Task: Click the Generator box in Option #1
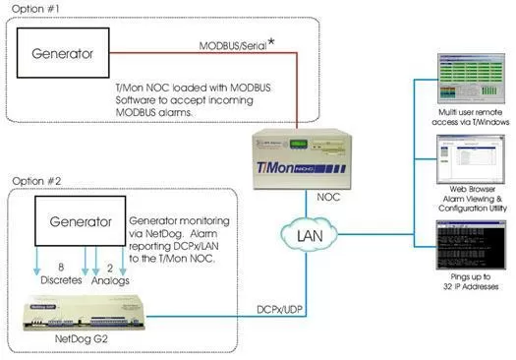pyautogui.click(x=70, y=57)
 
